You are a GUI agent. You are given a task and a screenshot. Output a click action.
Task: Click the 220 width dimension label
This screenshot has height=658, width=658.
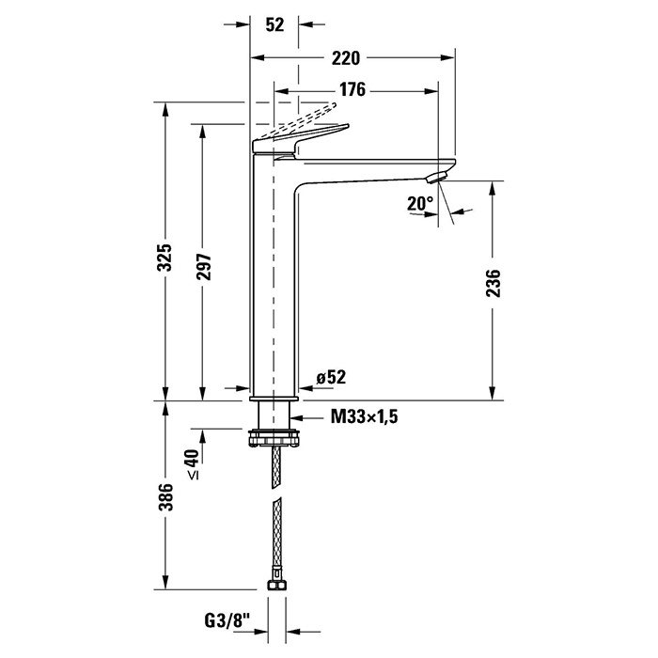point(346,58)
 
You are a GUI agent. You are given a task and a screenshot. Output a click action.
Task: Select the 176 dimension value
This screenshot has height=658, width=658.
point(352,89)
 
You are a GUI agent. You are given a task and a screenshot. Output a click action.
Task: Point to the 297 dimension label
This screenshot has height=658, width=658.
point(204,267)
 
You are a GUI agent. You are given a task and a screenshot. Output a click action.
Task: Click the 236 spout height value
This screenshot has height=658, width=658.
point(493,284)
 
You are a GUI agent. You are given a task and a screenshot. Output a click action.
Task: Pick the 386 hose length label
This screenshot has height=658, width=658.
point(165,497)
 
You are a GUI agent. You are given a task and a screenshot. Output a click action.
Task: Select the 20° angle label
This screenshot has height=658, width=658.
point(419,204)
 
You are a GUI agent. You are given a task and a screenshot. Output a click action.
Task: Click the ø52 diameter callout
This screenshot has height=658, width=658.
point(331,377)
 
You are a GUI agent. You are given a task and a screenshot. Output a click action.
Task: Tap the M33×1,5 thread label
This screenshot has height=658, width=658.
point(365,417)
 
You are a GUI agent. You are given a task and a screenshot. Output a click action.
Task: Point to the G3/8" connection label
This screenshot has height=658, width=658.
point(227,620)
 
